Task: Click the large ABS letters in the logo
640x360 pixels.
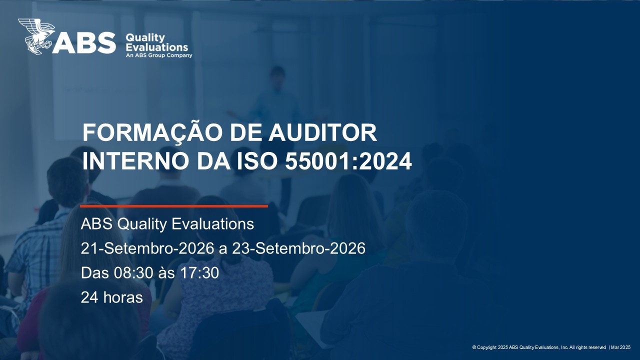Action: [84, 43]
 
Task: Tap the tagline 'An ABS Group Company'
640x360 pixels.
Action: [159, 55]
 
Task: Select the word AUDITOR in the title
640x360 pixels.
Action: [323, 132]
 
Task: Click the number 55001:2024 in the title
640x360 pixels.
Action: [348, 161]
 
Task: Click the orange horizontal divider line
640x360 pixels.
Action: [174, 206]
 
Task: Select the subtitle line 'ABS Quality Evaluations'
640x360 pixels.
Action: [167, 223]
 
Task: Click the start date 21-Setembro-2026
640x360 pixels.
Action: [147, 248]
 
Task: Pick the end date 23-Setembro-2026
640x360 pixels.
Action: [298, 248]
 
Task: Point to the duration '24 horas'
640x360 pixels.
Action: [111, 297]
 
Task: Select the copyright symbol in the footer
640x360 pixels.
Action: [474, 347]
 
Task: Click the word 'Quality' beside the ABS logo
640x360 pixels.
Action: [145, 38]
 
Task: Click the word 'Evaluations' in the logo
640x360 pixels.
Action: [157, 47]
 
